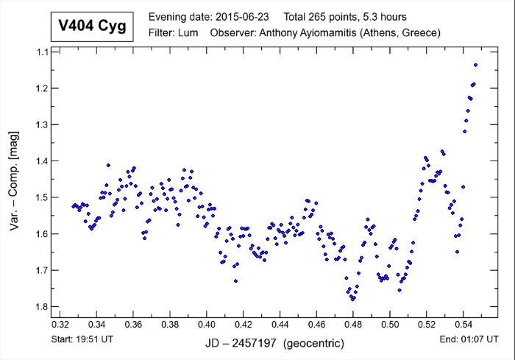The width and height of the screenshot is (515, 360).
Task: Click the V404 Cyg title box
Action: (91, 27)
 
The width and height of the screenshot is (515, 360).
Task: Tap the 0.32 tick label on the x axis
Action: (60, 324)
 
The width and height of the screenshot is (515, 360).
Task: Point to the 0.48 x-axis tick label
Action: (353, 324)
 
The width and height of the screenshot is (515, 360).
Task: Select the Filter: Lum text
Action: (174, 33)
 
